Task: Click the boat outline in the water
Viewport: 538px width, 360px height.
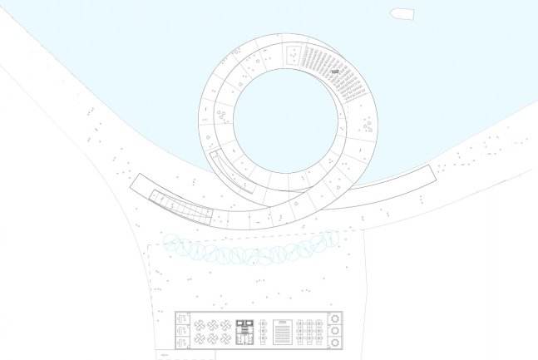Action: point(402,13)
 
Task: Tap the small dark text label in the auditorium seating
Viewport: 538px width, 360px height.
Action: point(334,72)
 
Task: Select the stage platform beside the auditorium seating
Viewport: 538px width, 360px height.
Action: point(294,57)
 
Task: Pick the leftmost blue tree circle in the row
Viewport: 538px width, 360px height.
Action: point(174,243)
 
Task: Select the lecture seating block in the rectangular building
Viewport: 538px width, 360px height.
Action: point(283,331)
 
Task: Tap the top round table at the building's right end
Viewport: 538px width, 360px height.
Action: point(334,318)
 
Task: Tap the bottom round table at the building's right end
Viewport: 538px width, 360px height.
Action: point(334,343)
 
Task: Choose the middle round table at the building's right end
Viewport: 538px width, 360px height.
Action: point(334,330)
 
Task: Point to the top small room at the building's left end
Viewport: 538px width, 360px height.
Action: point(184,320)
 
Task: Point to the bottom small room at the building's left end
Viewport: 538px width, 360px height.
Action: point(184,342)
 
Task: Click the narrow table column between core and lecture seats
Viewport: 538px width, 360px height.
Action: point(264,331)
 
